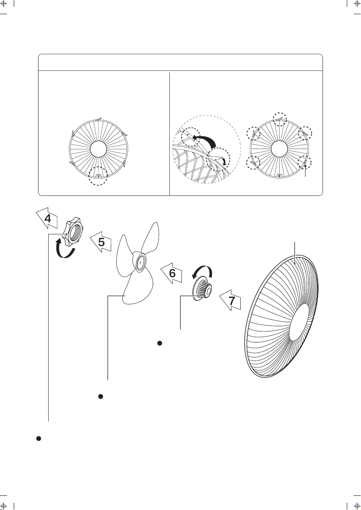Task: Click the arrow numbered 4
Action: pos(47,218)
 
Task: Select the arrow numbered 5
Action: pos(101,242)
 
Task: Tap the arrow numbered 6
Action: pos(172,273)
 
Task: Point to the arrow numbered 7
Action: pos(231,300)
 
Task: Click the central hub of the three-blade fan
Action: pos(139,262)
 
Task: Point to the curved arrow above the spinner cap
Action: pos(203,272)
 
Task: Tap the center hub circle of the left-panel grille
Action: pos(98,149)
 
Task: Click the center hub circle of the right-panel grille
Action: pos(280,149)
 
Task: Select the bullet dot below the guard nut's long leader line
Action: pos(38,438)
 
